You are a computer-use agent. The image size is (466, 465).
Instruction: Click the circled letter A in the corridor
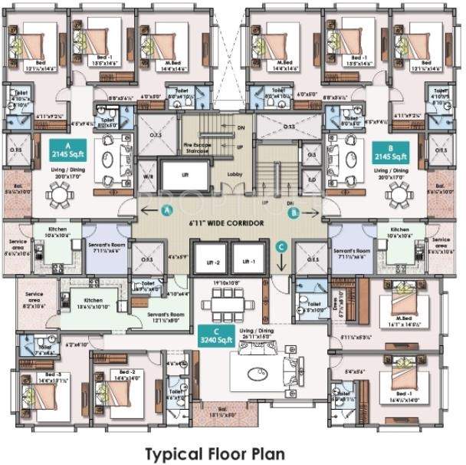click(x=169, y=209)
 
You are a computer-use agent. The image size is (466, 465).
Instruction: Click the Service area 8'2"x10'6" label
click(x=35, y=298)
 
